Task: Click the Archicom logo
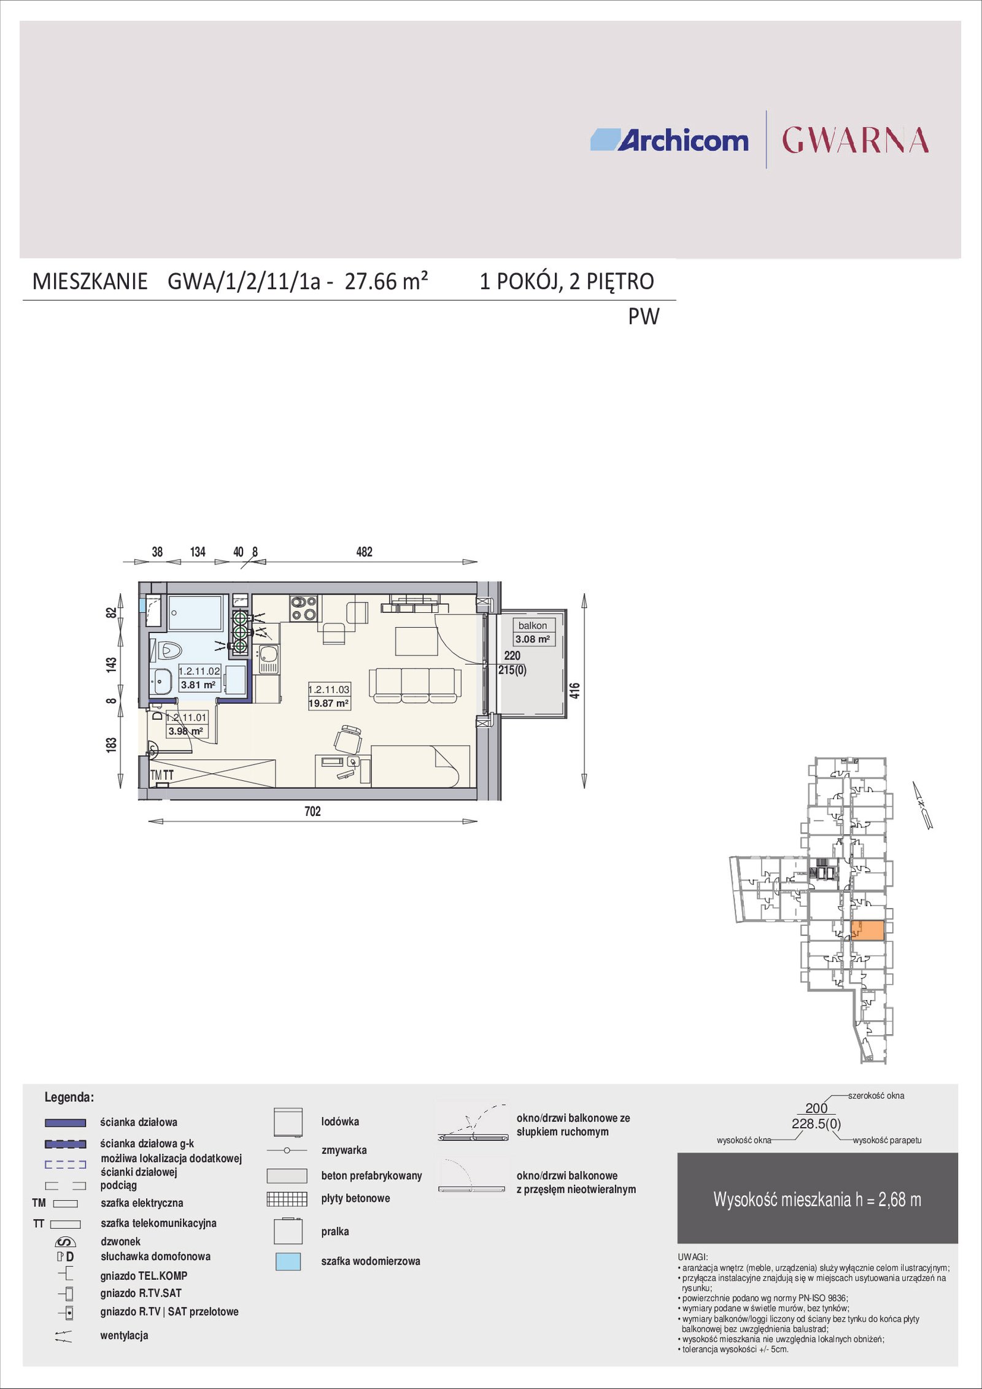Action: (669, 140)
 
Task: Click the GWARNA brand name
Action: (855, 140)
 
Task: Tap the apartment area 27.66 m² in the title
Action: (386, 281)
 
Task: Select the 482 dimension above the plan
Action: (364, 552)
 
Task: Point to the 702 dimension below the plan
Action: (312, 811)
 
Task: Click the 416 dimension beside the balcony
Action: (574, 691)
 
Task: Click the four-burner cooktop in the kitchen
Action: (303, 608)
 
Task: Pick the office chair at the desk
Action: (348, 739)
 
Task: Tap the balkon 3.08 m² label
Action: (533, 632)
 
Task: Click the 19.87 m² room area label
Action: (329, 704)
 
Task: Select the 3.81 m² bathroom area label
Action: (198, 685)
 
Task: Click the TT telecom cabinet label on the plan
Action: (168, 775)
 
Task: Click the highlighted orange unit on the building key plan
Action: (867, 931)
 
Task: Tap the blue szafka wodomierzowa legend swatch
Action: (288, 1261)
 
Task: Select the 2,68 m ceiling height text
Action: (900, 1199)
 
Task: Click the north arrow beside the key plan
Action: (922, 806)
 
